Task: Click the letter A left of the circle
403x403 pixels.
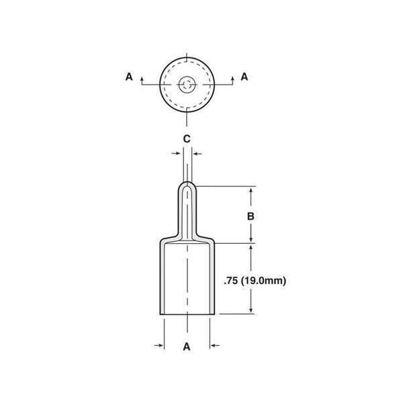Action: [129, 77]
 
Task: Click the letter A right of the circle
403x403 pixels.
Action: [244, 77]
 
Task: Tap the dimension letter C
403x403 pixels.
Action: [187, 139]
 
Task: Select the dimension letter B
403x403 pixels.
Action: [251, 216]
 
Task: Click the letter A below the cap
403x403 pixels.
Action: [187, 347]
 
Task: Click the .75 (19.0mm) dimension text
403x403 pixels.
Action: [255, 281]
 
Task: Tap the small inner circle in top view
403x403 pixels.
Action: [187, 85]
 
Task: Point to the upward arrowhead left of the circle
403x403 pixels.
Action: [142, 79]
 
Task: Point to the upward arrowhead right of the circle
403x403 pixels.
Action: [232, 79]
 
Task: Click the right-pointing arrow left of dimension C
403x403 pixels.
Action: [176, 153]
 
